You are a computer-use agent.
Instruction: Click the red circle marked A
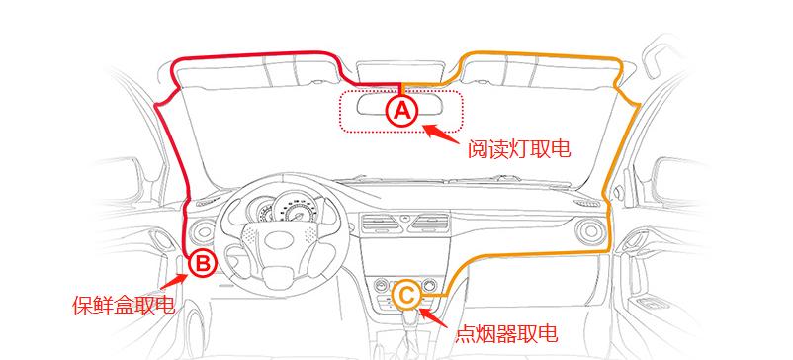click(401, 110)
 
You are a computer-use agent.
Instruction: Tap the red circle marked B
click(201, 263)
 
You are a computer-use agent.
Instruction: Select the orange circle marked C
click(406, 294)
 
